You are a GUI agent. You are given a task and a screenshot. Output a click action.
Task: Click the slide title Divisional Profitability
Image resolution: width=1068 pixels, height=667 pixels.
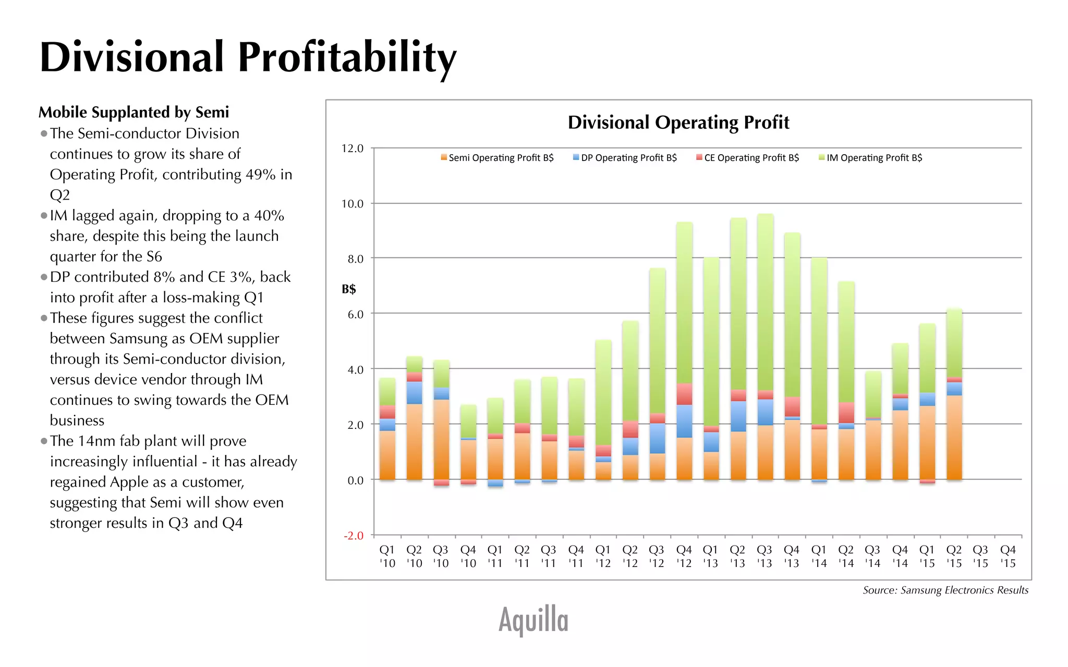248,57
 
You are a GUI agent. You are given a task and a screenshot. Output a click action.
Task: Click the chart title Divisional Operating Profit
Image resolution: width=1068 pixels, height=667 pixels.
678,122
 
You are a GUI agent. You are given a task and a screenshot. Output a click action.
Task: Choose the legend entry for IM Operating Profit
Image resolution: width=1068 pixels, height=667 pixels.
870,158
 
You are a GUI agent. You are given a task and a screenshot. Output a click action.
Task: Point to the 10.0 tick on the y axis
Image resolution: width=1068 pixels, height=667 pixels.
353,204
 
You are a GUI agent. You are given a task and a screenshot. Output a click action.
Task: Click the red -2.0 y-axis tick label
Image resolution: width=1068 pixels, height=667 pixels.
353,536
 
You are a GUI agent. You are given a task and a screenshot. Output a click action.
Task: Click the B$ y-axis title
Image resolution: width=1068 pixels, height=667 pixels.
349,289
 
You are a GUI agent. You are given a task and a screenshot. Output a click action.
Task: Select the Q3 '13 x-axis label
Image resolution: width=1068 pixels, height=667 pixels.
764,557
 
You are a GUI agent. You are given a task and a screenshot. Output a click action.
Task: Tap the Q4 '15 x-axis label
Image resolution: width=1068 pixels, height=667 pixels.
1008,557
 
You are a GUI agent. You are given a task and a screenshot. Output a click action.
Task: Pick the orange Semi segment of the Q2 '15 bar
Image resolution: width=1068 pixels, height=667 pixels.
954,438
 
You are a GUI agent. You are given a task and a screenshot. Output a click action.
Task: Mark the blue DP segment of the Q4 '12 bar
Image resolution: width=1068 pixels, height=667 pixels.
684,421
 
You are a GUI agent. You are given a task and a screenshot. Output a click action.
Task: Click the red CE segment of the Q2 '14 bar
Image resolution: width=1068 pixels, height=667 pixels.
846,412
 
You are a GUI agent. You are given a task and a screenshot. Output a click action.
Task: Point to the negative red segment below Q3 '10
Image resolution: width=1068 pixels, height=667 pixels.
442,483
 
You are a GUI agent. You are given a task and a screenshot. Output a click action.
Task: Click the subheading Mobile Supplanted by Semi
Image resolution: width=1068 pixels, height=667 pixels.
133,112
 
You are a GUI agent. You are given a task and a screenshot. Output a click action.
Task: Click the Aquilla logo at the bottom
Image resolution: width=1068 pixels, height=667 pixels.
533,620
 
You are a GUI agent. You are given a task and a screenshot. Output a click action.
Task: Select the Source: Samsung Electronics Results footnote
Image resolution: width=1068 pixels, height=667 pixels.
945,590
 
